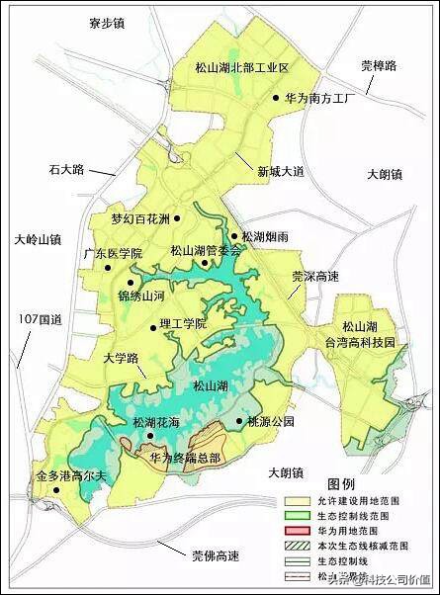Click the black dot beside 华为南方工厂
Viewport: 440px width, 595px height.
(276, 98)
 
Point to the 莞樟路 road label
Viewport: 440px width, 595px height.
(378, 66)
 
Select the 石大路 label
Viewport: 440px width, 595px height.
(68, 170)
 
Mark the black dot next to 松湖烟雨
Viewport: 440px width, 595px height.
(234, 236)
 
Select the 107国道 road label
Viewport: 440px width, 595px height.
(41, 318)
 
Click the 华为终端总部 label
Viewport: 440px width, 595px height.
(187, 459)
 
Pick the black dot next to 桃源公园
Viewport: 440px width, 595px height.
(239, 421)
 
